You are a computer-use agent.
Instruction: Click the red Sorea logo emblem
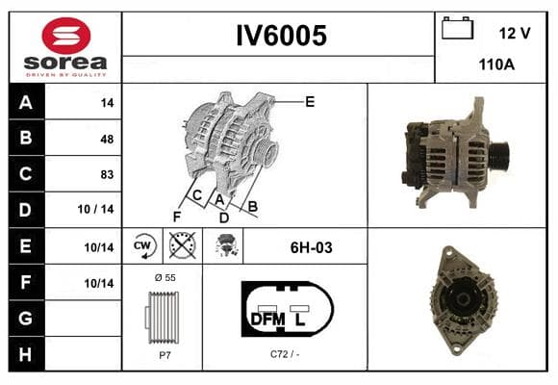[66, 36]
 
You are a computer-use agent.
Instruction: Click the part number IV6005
[282, 36]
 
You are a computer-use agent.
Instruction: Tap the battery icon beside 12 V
[457, 28]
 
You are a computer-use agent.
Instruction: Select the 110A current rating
[496, 64]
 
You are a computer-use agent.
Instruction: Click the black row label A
[26, 102]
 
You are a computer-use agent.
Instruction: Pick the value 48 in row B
[107, 139]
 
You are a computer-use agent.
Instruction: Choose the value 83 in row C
[107, 174]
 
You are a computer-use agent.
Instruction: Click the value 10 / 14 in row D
[96, 209]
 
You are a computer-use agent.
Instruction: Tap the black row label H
[26, 354]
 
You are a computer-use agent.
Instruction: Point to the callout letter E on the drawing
[310, 102]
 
